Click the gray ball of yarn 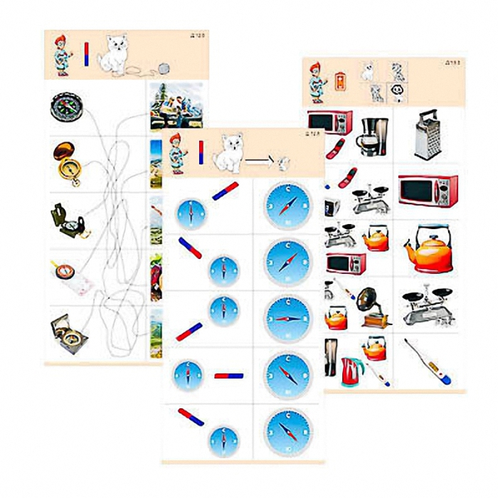[x=164, y=69]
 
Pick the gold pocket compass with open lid [x=68, y=159]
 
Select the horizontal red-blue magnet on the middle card [x=228, y=375]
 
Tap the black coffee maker [x=373, y=137]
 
